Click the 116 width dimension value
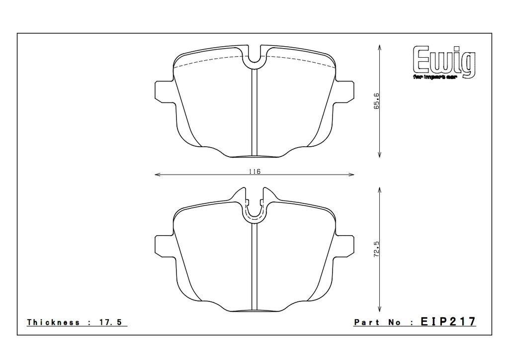(x=254, y=171)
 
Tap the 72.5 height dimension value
(x=377, y=248)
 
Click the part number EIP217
(x=448, y=322)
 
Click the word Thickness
(x=53, y=322)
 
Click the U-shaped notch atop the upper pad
(x=254, y=59)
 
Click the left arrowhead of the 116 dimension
(x=157, y=175)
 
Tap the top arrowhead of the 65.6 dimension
(x=380, y=46)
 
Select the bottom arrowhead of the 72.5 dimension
(x=380, y=309)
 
